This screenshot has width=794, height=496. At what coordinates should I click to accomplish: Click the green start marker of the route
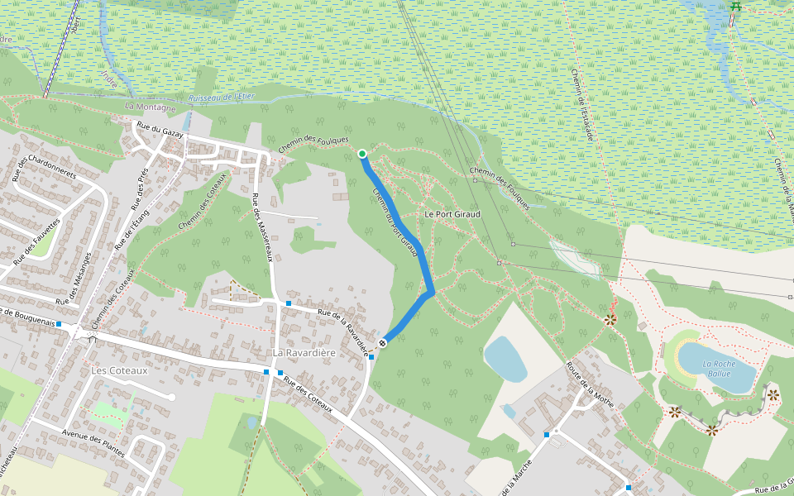click(x=361, y=154)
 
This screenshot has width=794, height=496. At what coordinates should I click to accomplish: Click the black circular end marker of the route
click(x=383, y=343)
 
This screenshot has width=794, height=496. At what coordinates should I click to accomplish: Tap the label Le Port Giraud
click(x=452, y=214)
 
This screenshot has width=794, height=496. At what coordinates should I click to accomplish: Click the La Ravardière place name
click(x=304, y=353)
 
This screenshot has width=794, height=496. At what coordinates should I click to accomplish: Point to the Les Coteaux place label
click(x=120, y=370)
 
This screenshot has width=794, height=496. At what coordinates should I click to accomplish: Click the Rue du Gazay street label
click(x=160, y=132)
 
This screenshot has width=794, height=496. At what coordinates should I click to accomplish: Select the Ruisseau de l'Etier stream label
click(x=222, y=97)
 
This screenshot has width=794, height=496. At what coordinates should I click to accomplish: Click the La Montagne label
click(x=151, y=107)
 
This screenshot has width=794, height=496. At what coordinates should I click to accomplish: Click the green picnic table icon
click(x=734, y=7)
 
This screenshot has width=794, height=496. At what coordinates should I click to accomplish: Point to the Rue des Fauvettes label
click(x=37, y=241)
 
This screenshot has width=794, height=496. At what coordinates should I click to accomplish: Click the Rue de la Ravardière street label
click(x=342, y=329)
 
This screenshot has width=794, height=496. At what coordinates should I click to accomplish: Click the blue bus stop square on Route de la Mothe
click(x=547, y=434)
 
